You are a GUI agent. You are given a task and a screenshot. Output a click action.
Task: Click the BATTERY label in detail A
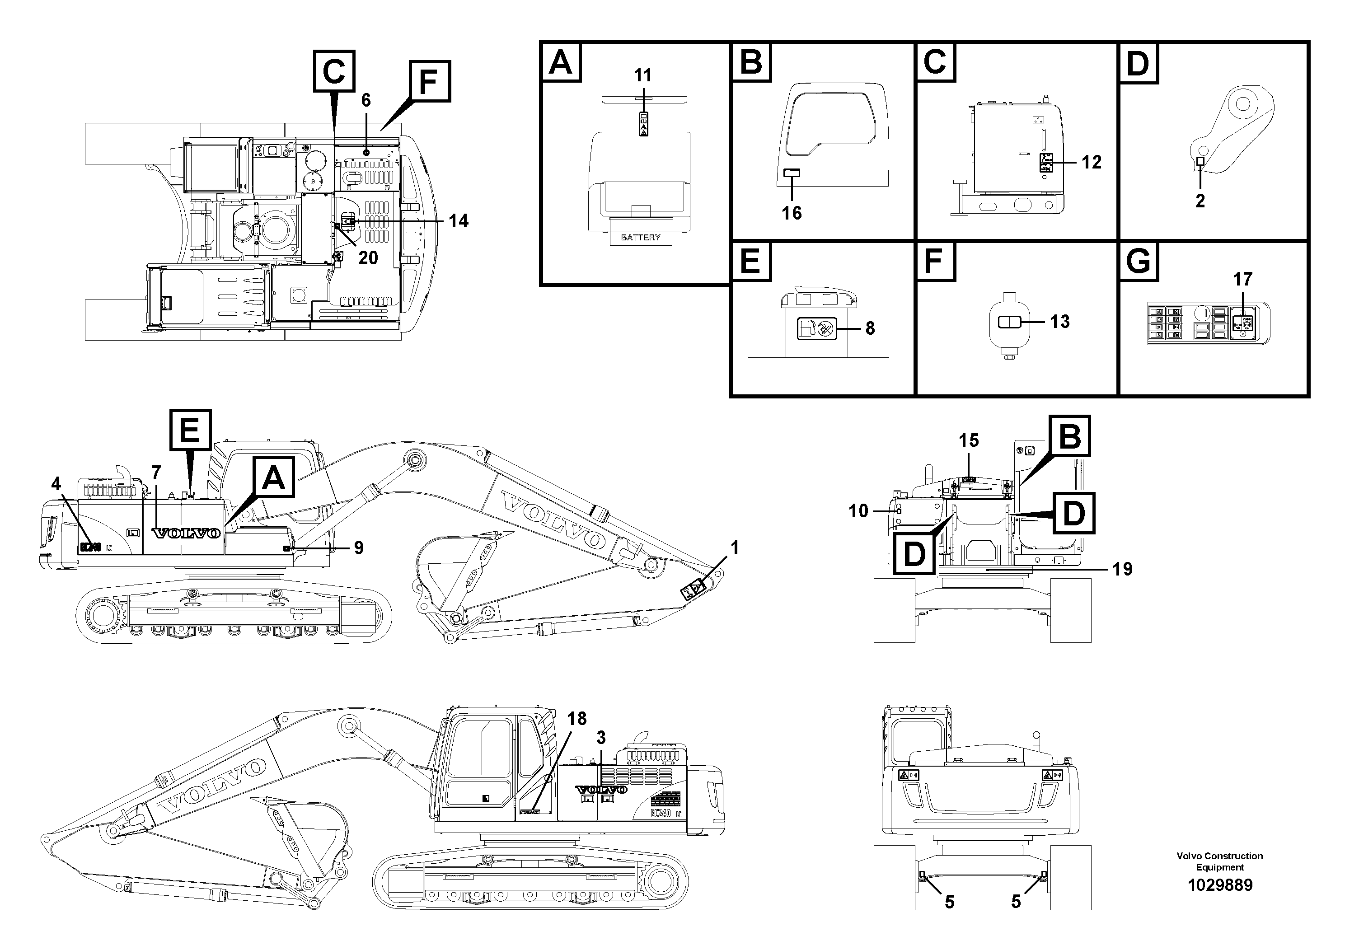pyautogui.click(x=640, y=237)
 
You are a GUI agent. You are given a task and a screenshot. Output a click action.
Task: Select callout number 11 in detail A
pyautogui.click(x=642, y=75)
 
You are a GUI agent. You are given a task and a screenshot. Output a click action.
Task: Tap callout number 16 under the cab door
pyautogui.click(x=792, y=213)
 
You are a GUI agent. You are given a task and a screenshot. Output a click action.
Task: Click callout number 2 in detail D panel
pyautogui.click(x=1200, y=201)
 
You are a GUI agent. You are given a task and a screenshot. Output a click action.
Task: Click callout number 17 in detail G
pyautogui.click(x=1242, y=279)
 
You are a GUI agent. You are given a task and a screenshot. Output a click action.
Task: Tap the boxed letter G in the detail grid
pyautogui.click(x=1138, y=262)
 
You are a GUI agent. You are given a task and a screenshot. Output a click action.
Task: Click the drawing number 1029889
pyautogui.click(x=1220, y=885)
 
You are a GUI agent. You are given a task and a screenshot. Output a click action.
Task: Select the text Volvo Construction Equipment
pyautogui.click(x=1220, y=861)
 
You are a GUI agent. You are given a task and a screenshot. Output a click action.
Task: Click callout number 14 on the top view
pyautogui.click(x=459, y=221)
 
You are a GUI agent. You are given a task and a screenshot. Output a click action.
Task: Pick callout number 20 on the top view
pyautogui.click(x=368, y=257)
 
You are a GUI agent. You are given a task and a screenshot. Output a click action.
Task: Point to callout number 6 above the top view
pyautogui.click(x=366, y=101)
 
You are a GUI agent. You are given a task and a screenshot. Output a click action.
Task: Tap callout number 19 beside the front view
pyautogui.click(x=1122, y=569)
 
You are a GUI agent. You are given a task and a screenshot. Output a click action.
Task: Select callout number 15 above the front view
pyautogui.click(x=968, y=440)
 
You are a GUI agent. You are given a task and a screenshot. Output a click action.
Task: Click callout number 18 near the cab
pyautogui.click(x=576, y=719)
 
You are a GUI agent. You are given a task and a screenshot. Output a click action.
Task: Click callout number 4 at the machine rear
pyautogui.click(x=56, y=484)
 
